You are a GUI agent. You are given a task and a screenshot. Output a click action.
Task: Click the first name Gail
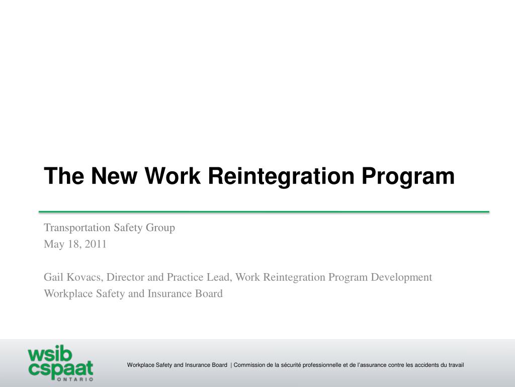53,277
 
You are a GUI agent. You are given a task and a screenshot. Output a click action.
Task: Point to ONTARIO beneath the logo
75,379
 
